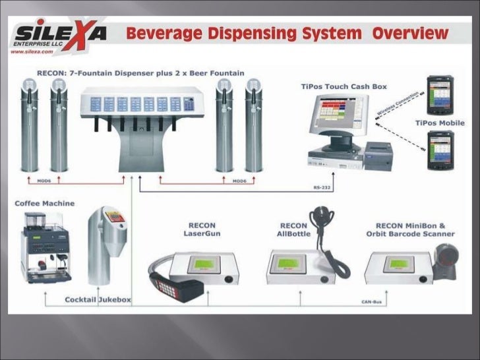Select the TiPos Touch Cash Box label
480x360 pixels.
tap(344, 86)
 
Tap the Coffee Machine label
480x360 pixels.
tap(45, 203)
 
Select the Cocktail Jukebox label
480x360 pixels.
tap(98, 299)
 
